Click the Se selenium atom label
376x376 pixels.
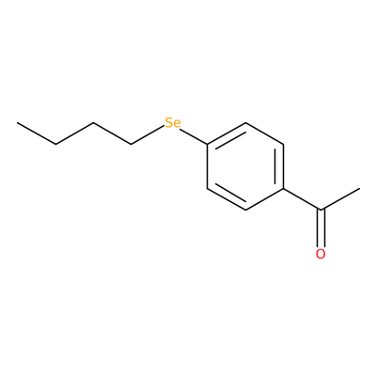point(173,123)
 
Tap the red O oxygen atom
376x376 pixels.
point(321,254)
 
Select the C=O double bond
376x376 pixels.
point(321,228)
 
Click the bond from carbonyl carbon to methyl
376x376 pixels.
point(340,199)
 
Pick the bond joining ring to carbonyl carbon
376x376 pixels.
point(302,199)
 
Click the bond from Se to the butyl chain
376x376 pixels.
point(148,135)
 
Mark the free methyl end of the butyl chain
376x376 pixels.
point(18,122)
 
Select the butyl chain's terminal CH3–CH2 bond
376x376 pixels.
point(37,133)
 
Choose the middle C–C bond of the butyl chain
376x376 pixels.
point(74,133)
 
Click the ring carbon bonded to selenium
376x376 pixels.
point(207,144)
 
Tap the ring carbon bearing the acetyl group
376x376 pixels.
point(283,188)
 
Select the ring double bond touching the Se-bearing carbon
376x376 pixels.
point(227,134)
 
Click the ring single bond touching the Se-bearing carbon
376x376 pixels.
point(207,166)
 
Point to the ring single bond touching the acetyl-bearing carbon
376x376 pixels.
point(264,199)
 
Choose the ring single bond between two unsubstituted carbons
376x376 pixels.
point(264,133)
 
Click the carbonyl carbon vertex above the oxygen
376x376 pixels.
point(321,210)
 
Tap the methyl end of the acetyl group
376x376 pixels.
point(359,188)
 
